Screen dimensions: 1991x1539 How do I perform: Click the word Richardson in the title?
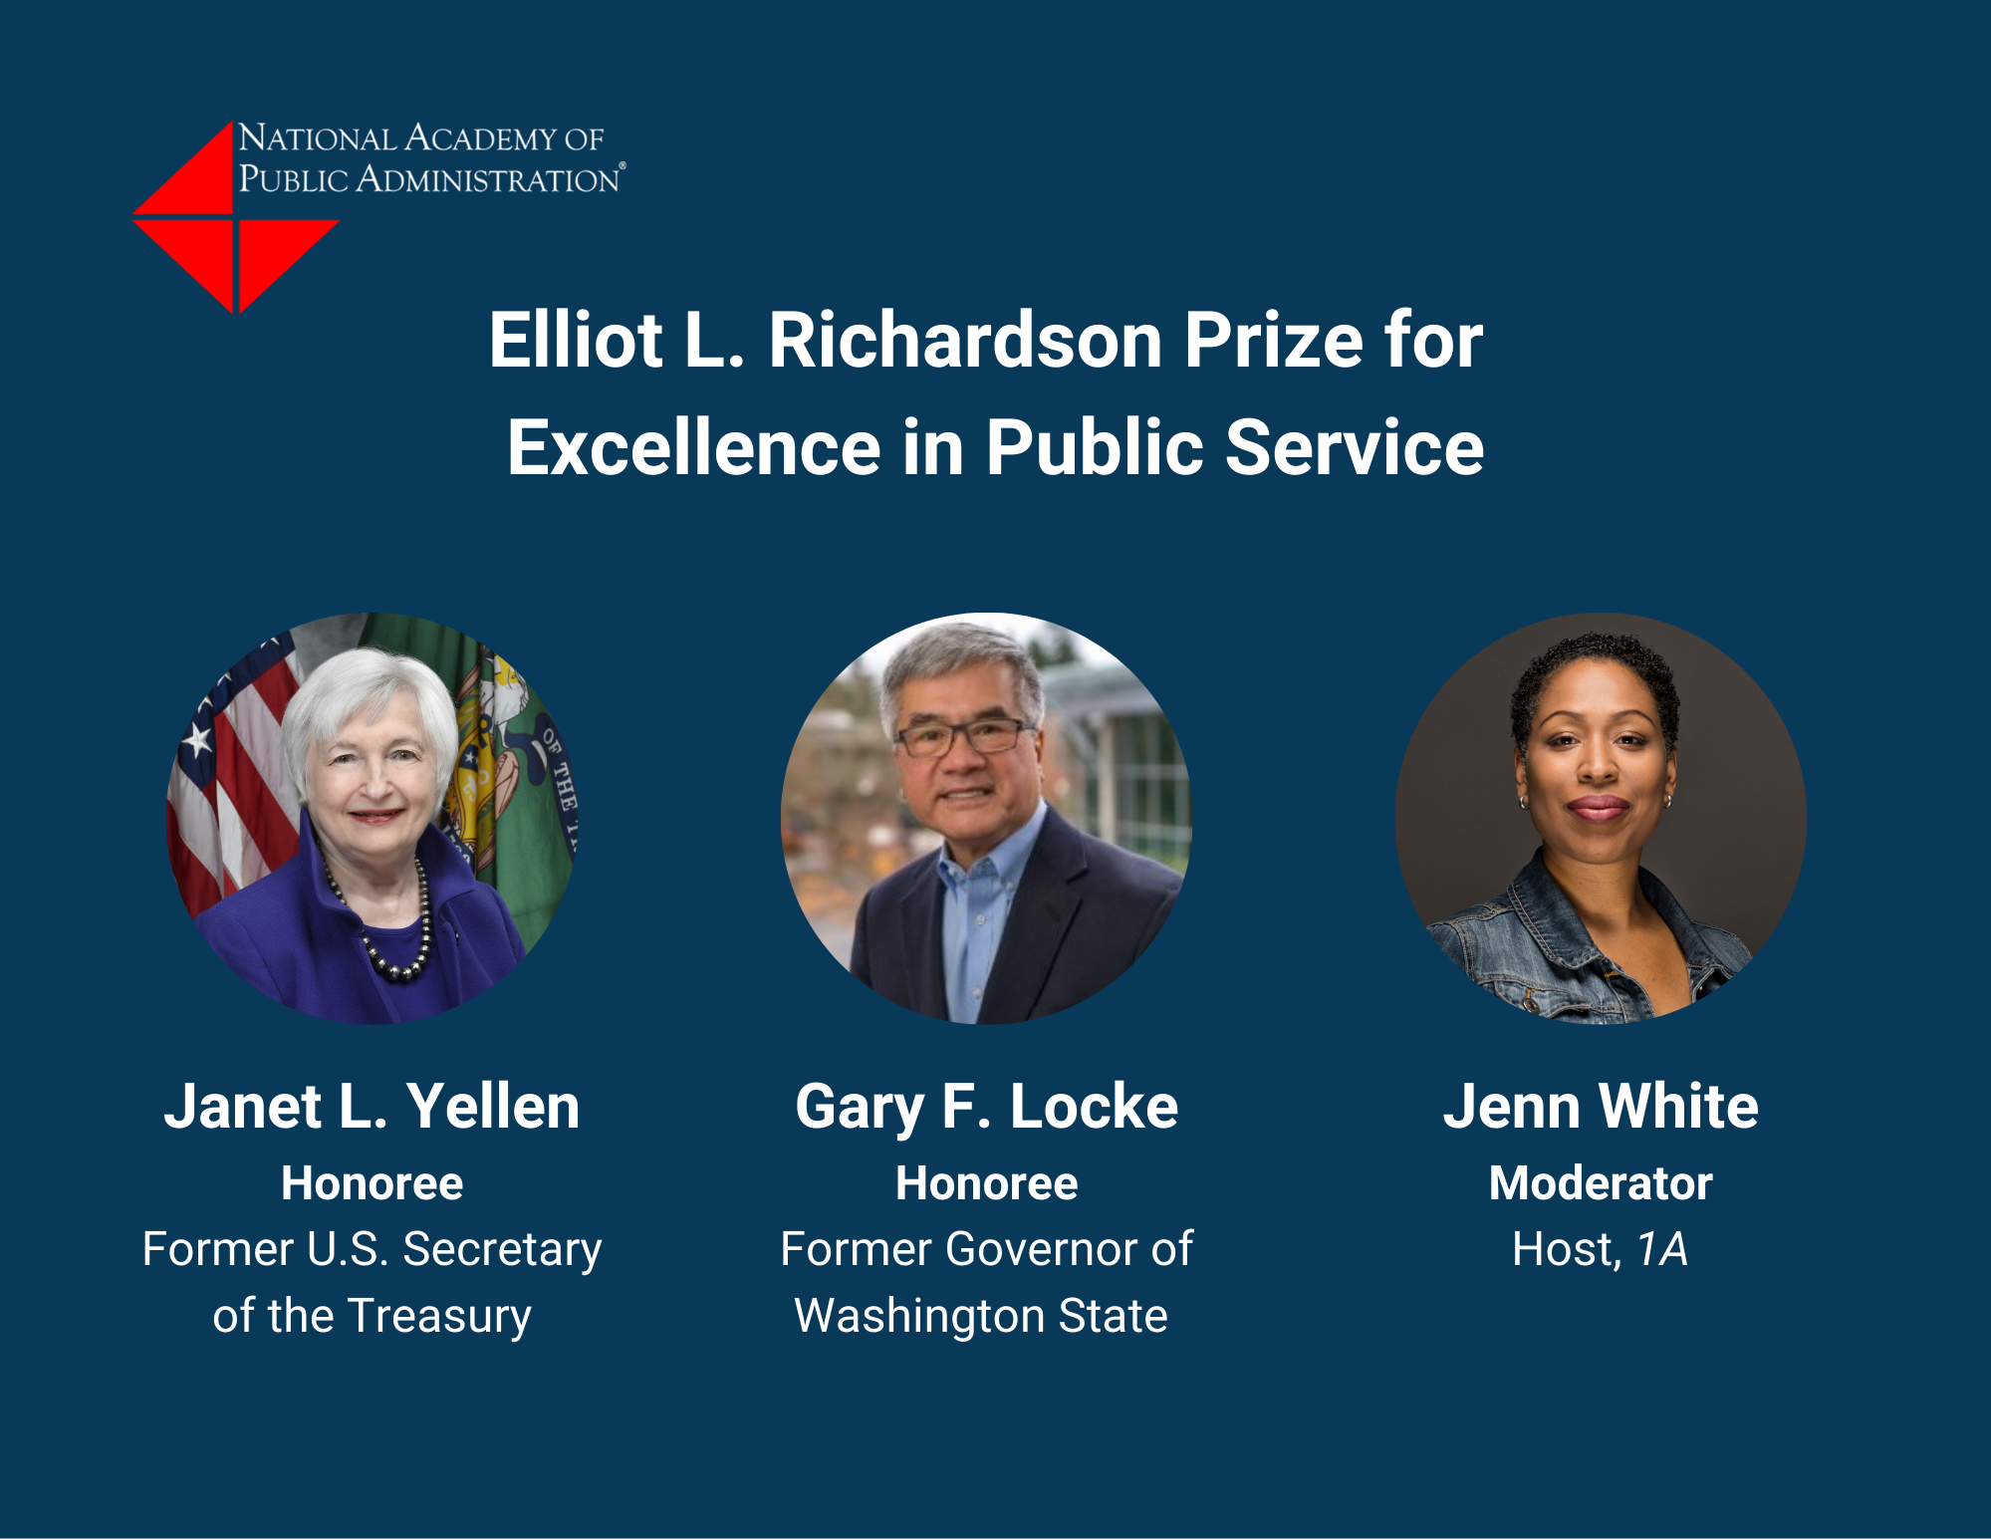pyautogui.click(x=965, y=341)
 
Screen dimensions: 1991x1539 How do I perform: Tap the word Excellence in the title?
pyautogui.click(x=694, y=447)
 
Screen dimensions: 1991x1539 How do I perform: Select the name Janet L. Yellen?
pyautogui.click(x=372, y=1107)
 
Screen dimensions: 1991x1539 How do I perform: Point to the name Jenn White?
pyautogui.click(x=1601, y=1107)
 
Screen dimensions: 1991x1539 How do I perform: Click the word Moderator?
pyautogui.click(x=1601, y=1183)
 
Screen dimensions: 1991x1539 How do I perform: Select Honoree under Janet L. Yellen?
pyautogui.click(x=372, y=1183)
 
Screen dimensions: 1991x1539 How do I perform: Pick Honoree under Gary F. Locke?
pyautogui.click(x=986, y=1183)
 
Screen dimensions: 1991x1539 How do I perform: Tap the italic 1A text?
pyautogui.click(x=1662, y=1249)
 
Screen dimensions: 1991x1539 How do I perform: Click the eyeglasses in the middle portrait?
pyautogui.click(x=961, y=737)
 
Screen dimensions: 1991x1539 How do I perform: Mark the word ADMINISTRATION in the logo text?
pyautogui.click(x=488, y=179)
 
